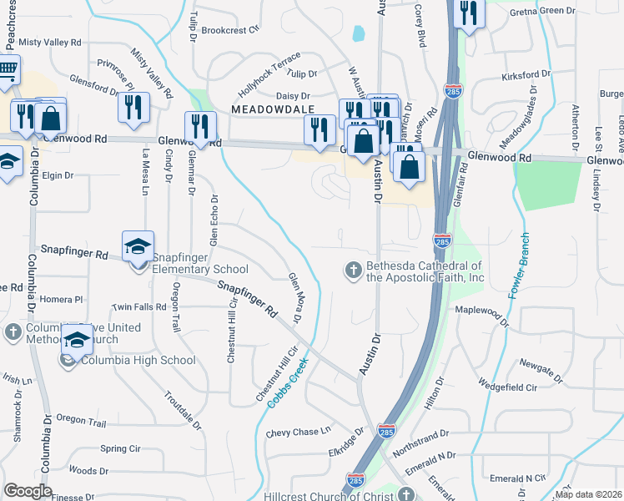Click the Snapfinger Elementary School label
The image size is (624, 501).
coord(199,269)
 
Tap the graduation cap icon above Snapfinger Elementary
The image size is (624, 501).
coord(138,246)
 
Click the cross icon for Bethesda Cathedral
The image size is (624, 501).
coord(353,270)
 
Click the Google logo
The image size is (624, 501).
coord(28,491)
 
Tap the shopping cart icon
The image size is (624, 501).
coord(7,69)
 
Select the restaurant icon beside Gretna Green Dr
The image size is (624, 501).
coord(468,13)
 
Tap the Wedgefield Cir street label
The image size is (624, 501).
coord(508,387)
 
